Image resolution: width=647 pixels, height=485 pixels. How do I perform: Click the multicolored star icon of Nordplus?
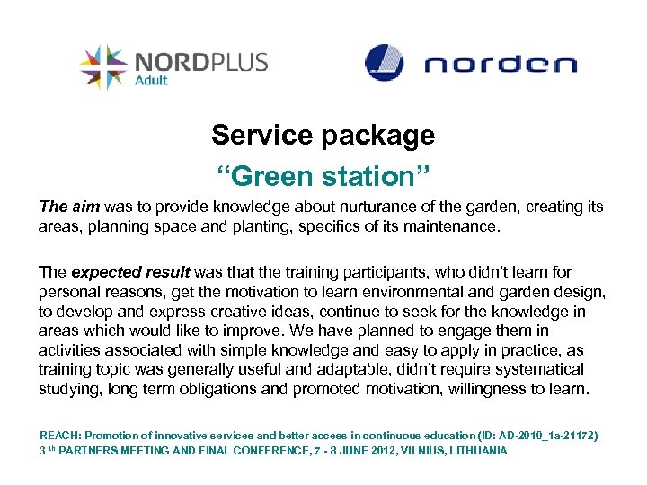[x=102, y=66]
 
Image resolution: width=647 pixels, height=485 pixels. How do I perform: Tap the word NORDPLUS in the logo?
[x=200, y=62]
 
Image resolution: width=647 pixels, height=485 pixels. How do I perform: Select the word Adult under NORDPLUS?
[x=151, y=81]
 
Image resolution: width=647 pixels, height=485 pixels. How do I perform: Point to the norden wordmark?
[x=500, y=65]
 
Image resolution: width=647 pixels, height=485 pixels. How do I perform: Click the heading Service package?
[x=323, y=136]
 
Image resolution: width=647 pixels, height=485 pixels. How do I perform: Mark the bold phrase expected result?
[x=130, y=272]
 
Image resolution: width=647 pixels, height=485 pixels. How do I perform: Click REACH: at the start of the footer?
[x=58, y=436]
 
